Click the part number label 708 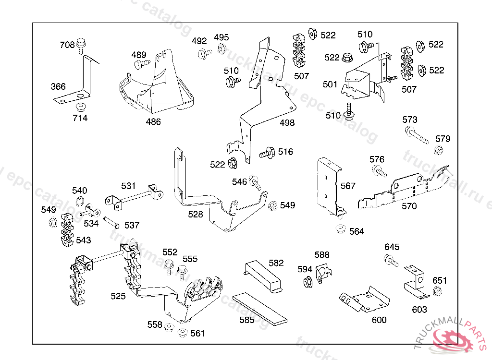point(67,45)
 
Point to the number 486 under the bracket point(153,122)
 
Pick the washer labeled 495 point(222,48)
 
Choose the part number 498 point(287,123)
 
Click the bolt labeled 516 point(267,154)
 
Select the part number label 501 point(330,84)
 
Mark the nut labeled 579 point(438,151)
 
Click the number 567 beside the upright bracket point(348,186)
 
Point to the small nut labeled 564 point(341,228)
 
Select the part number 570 point(409,206)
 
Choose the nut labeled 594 point(307,282)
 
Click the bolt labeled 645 point(391,261)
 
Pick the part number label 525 point(118,296)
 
